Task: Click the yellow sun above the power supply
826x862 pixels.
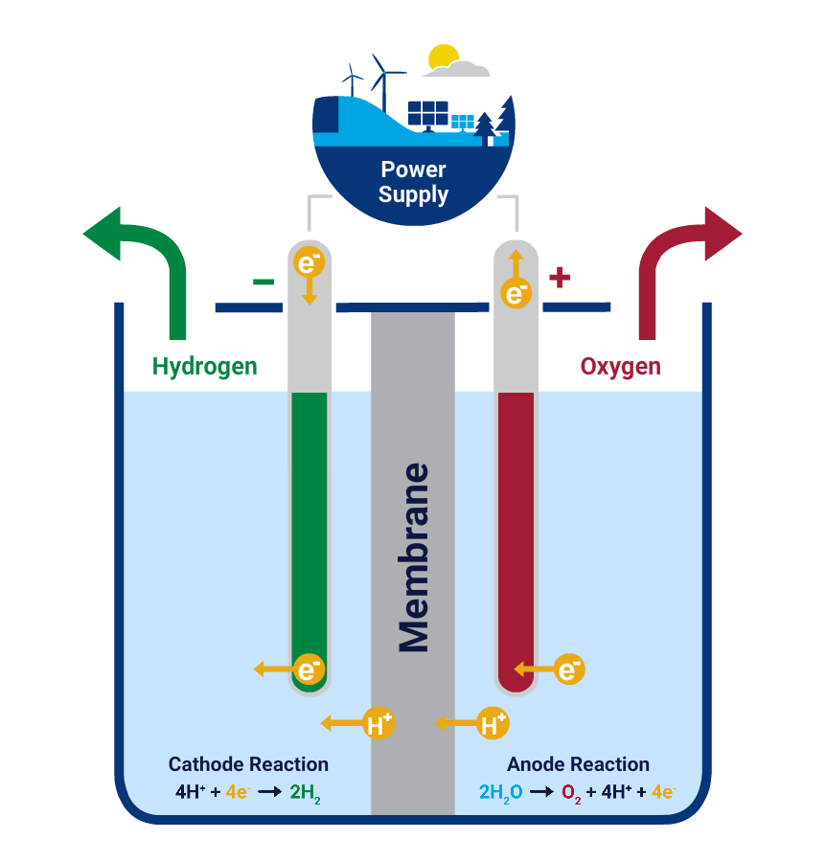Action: (442, 57)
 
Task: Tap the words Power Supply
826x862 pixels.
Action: (413, 182)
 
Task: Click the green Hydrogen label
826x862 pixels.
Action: (204, 366)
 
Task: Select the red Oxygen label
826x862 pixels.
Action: (620, 366)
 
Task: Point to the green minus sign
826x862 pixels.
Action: (263, 282)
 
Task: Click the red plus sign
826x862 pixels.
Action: (560, 279)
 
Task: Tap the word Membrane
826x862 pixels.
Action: (413, 557)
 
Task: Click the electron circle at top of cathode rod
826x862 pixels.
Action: (309, 261)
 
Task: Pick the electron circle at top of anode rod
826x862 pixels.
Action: (516, 292)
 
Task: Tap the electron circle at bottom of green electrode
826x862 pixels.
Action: (309, 669)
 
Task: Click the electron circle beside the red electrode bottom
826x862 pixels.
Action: (568, 669)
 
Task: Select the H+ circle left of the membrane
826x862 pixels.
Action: (379, 723)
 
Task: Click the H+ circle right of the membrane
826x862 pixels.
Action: (493, 723)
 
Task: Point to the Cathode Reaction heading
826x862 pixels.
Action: (248, 764)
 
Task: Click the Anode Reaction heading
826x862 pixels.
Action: (578, 764)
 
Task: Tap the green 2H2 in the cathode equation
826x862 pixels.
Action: (305, 793)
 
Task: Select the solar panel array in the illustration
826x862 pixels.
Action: (427, 114)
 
